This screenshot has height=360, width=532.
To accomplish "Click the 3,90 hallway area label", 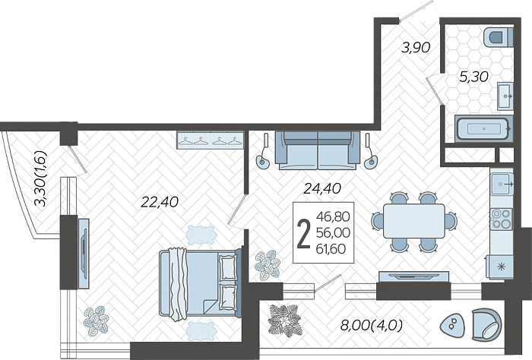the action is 416,48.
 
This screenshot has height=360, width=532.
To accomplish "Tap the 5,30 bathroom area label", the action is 474,77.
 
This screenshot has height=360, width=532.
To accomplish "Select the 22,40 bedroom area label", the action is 160,202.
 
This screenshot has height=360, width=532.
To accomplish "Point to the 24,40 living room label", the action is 322,188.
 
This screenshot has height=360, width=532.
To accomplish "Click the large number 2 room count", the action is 304,233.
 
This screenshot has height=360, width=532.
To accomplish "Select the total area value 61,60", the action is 331,249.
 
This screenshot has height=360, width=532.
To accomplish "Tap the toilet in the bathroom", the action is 498,37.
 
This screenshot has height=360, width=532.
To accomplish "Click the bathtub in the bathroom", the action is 483,128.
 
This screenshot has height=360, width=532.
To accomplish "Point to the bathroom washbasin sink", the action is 505,96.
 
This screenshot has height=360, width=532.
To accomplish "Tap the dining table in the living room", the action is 414,221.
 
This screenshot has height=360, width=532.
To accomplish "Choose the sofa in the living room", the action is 318,150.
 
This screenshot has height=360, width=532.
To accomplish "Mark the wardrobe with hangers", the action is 210,141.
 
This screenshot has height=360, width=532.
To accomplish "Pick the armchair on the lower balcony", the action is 486,325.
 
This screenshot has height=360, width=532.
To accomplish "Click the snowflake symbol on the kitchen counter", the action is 500,267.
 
